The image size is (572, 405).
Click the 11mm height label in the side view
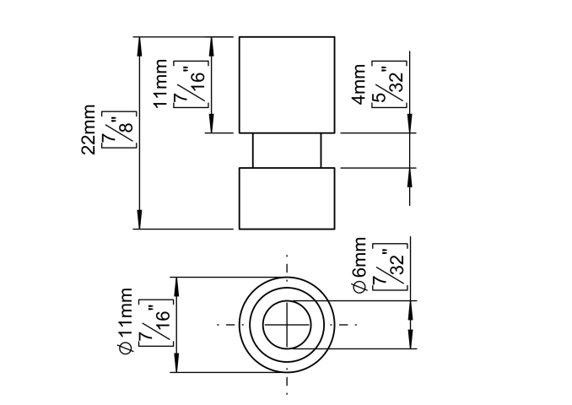(x=160, y=84)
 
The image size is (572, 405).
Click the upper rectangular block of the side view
(x=287, y=84)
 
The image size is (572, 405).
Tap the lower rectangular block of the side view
(x=287, y=198)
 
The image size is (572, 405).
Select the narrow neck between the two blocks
(x=287, y=151)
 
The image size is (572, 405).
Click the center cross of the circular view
(x=287, y=325)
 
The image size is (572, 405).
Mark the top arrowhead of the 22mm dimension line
(x=138, y=43)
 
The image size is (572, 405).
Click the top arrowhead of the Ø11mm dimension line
(x=175, y=283)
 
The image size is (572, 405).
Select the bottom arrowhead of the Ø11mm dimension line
(x=175, y=366)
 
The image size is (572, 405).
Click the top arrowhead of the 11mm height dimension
(x=210, y=43)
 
